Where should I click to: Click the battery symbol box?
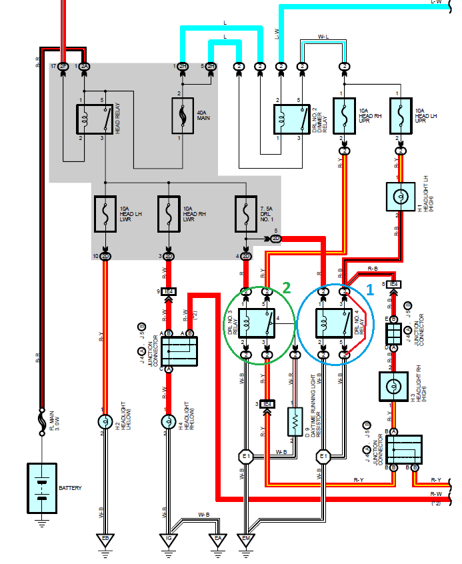(x=42, y=488)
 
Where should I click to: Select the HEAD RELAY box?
(x=93, y=120)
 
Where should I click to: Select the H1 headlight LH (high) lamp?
(x=400, y=198)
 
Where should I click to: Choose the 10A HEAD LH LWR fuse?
(x=105, y=214)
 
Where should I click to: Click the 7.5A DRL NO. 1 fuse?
(x=246, y=214)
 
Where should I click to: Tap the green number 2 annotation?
(x=287, y=287)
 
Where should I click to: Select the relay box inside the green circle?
(x=257, y=323)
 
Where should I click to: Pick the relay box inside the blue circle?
(x=333, y=323)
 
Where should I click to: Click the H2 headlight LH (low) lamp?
(x=105, y=421)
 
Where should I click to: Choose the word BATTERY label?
(x=71, y=488)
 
